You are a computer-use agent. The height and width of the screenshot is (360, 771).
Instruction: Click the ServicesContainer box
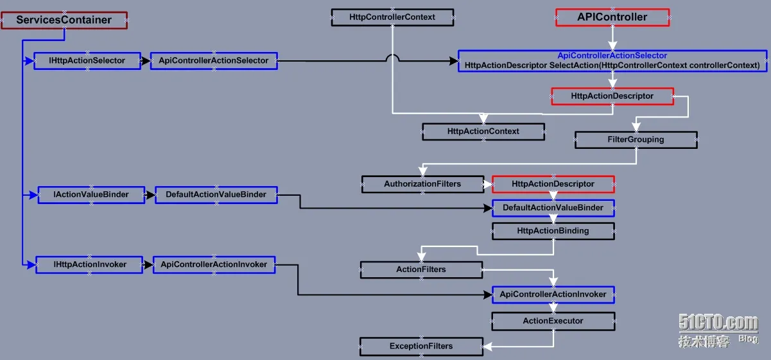point(64,21)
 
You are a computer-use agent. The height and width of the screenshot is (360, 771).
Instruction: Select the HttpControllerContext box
point(392,17)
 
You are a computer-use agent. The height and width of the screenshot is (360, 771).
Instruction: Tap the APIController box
point(612,17)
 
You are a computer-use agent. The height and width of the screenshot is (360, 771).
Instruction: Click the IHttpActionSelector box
point(87,61)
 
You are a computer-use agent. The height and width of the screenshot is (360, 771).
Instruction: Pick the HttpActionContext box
point(483,132)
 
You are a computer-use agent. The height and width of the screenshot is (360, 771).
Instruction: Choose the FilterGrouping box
point(636,140)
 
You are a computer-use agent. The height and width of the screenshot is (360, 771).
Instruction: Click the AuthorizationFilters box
point(422,184)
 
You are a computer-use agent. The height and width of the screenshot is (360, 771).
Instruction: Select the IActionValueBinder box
point(91,195)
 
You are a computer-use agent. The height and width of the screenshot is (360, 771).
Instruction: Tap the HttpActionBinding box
point(553,231)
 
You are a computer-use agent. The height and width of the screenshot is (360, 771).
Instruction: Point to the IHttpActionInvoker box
point(89,264)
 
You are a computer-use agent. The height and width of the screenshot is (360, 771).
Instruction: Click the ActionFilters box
point(421,270)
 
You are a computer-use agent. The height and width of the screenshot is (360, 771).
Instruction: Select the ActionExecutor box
point(553,321)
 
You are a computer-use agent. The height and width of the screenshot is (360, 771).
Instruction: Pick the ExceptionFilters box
point(421,347)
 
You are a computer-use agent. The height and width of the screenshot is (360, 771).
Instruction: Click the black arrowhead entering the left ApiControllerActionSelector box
point(146,61)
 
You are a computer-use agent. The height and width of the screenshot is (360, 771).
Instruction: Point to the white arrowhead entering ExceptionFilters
point(487,347)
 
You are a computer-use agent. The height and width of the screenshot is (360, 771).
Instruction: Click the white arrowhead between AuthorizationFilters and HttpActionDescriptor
point(488,184)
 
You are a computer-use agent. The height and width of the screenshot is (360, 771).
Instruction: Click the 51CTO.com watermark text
point(718,322)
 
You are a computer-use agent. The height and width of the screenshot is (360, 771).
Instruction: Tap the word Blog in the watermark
point(749,339)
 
